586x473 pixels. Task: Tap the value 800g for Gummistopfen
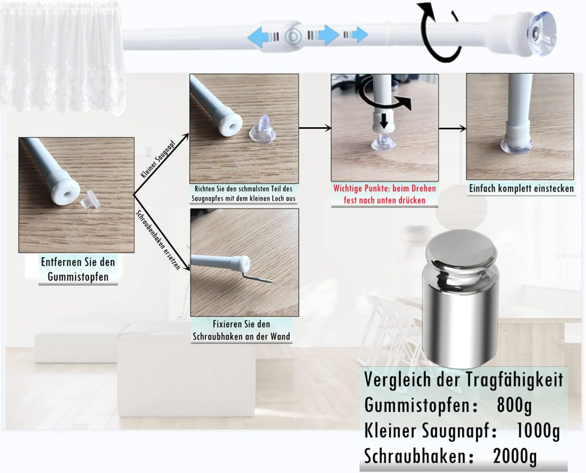coord(514,405)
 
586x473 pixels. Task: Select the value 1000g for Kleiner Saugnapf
coord(538,431)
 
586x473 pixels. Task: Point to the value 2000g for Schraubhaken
coord(515,456)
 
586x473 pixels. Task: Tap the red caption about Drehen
coord(385,194)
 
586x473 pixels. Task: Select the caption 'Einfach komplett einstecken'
coord(521,189)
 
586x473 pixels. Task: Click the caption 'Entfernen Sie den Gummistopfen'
coord(78,269)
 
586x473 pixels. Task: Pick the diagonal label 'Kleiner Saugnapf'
coord(158,159)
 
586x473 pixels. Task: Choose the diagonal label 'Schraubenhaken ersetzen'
coord(158,240)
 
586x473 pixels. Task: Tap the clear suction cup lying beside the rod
coord(263,128)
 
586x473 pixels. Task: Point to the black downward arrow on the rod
coord(384,121)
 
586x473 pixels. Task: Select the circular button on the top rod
coord(293,36)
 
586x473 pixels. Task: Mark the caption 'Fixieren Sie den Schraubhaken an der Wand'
coord(241,330)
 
